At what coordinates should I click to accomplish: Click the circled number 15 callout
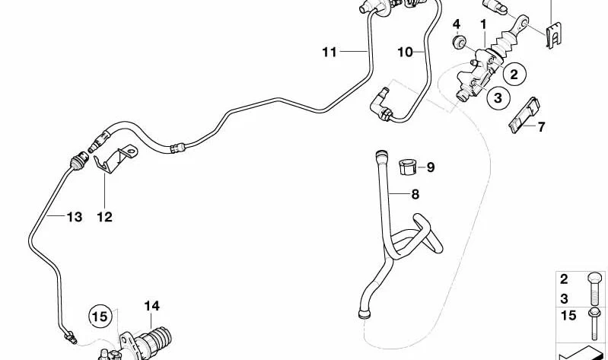click(x=100, y=317)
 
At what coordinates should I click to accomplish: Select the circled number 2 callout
click(x=514, y=74)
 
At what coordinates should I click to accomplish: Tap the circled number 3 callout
click(x=498, y=97)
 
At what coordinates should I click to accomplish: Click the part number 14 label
click(x=151, y=306)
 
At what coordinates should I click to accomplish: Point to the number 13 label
click(x=75, y=217)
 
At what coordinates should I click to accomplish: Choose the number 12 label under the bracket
click(x=105, y=217)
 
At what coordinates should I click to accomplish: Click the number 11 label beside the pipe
click(x=329, y=52)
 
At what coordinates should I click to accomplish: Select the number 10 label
click(x=406, y=52)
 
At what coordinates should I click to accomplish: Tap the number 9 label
click(x=431, y=167)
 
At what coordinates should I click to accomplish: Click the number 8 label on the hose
click(x=415, y=194)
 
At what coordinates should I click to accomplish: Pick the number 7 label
click(x=541, y=127)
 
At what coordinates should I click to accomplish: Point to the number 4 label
click(x=457, y=24)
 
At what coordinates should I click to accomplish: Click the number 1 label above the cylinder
click(x=483, y=24)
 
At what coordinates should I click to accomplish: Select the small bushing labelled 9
click(x=407, y=167)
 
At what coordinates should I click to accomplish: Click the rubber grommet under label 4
click(x=460, y=42)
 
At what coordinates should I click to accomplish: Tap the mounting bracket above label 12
click(x=115, y=159)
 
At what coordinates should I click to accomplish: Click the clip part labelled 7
click(x=524, y=115)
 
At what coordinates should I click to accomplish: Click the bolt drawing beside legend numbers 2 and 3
click(x=595, y=288)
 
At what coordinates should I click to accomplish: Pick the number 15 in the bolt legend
click(x=568, y=315)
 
